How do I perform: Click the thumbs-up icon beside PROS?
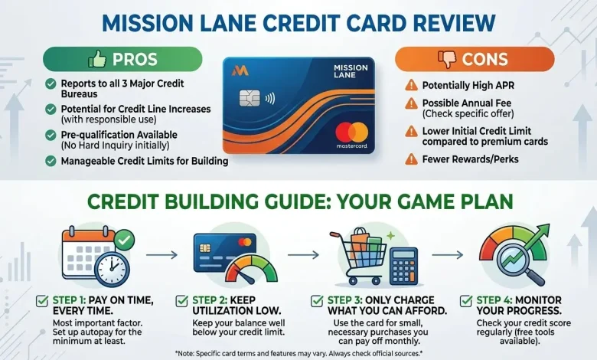(x=97, y=59)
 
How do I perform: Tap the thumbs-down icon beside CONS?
(x=447, y=60)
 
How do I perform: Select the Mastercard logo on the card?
(x=352, y=133)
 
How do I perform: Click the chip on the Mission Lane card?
(x=250, y=99)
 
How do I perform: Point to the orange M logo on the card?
(x=240, y=70)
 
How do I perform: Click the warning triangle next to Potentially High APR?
(x=411, y=85)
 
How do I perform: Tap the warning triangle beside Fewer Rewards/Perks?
(x=411, y=159)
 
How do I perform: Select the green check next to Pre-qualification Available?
(x=51, y=135)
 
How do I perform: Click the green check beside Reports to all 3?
(x=51, y=83)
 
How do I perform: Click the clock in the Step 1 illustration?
(x=112, y=269)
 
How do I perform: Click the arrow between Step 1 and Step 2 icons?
(x=161, y=255)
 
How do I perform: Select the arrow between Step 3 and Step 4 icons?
(x=448, y=255)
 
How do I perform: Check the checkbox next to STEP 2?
(x=181, y=300)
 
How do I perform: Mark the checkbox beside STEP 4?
(x=465, y=300)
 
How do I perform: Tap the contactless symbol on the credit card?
(x=270, y=99)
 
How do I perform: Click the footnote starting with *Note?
(x=298, y=353)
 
